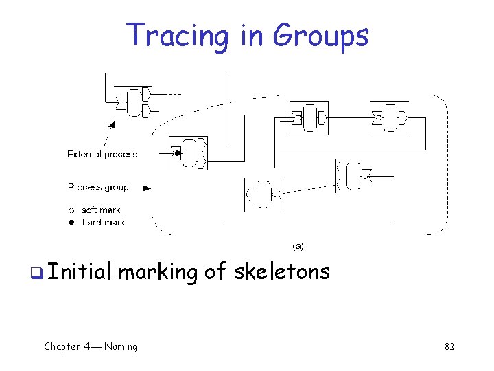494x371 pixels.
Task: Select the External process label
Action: tap(102, 155)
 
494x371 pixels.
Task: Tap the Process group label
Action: tap(98, 187)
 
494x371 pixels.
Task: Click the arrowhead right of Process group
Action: tap(146, 188)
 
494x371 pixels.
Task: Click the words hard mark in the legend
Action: tap(104, 222)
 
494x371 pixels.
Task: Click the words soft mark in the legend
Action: tap(101, 210)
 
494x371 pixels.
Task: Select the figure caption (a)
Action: tap(298, 245)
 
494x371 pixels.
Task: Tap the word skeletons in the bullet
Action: tap(282, 272)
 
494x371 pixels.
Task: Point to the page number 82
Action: tap(449, 346)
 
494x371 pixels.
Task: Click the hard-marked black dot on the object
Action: tap(177, 153)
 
